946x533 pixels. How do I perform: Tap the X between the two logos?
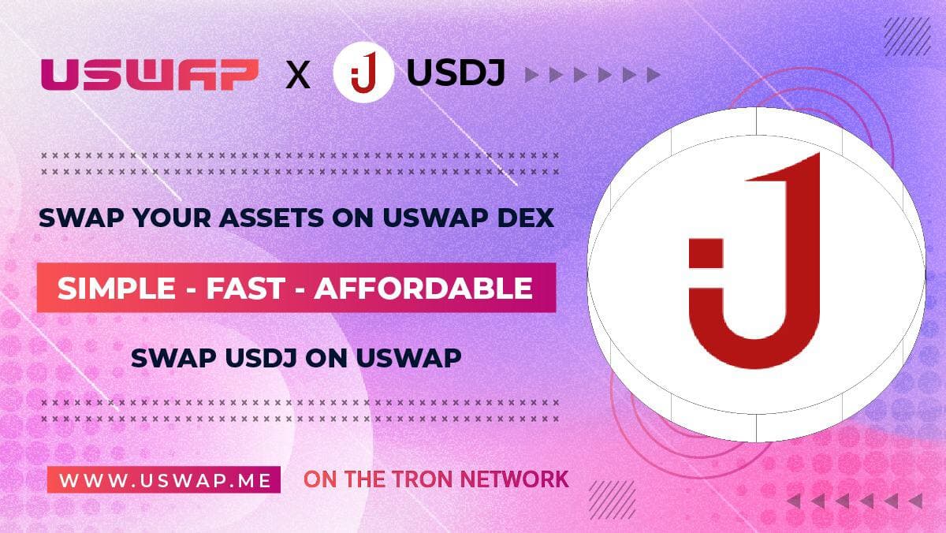297,76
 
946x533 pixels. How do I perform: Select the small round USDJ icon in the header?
363,76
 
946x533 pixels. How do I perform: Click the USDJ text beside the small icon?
456,75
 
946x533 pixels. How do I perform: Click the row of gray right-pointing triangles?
592,76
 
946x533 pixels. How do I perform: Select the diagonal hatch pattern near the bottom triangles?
612,499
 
